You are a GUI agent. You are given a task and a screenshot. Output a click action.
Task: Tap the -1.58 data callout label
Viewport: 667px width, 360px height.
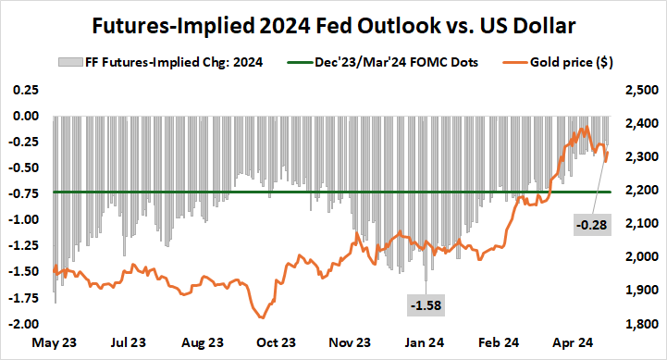(x=426, y=303)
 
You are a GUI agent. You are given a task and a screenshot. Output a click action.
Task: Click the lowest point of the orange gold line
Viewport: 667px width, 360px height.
(x=256, y=318)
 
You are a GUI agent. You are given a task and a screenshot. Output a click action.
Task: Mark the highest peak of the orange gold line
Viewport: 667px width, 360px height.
(x=586, y=128)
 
